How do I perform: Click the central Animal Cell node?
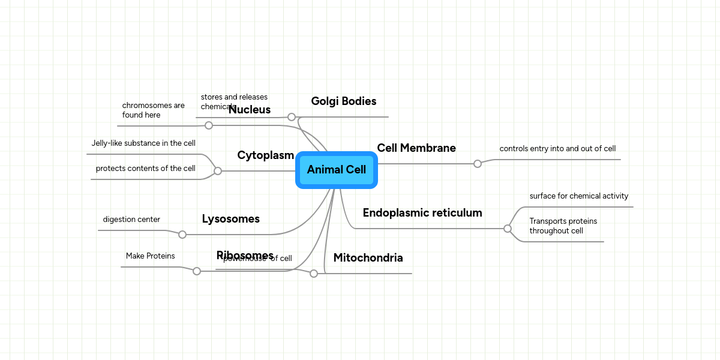pyautogui.click(x=336, y=170)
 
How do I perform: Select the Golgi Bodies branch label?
pyautogui.click(x=343, y=101)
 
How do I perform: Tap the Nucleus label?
pyautogui.click(x=250, y=110)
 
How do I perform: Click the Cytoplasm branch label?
pyautogui.click(x=265, y=155)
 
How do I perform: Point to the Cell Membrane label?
pyautogui.click(x=416, y=148)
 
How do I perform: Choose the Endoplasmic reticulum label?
pyautogui.click(x=422, y=213)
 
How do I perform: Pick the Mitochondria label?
pyautogui.click(x=368, y=258)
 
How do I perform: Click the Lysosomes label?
pyautogui.click(x=230, y=219)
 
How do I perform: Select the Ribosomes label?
pyautogui.click(x=245, y=255)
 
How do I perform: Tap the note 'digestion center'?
pyautogui.click(x=131, y=220)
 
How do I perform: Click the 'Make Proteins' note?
pyautogui.click(x=150, y=256)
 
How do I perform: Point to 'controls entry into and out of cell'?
pyautogui.click(x=557, y=149)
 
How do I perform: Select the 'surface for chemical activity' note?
pyautogui.click(x=578, y=196)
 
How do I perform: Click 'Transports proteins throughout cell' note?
pyautogui.click(x=563, y=226)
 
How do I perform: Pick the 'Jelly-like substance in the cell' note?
pyautogui.click(x=143, y=143)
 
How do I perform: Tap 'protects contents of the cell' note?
pyautogui.click(x=145, y=169)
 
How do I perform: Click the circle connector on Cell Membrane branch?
pyautogui.click(x=478, y=164)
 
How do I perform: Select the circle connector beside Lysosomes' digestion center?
pyautogui.click(x=182, y=235)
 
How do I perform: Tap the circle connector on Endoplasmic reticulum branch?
pyautogui.click(x=508, y=229)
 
